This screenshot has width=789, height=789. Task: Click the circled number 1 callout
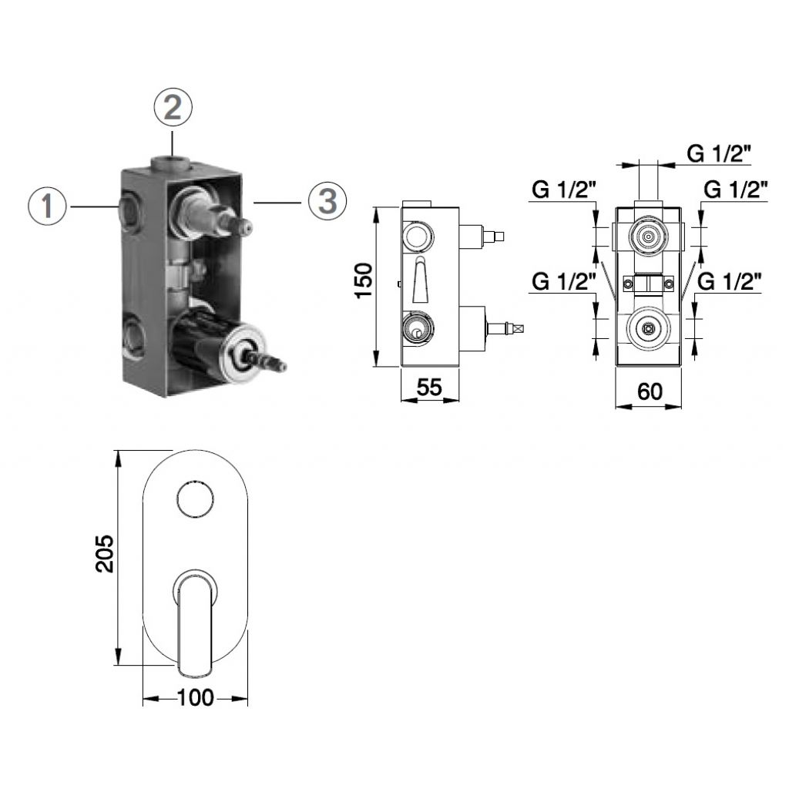[47, 206]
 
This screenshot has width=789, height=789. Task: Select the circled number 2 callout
[173, 107]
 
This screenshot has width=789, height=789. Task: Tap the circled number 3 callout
[327, 201]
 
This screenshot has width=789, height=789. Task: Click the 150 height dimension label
[364, 280]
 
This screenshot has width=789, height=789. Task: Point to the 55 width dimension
[429, 387]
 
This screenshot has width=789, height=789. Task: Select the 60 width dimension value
[650, 391]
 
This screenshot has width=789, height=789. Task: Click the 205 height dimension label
[105, 553]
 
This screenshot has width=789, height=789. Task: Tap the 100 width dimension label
[195, 698]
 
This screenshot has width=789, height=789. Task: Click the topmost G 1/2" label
[719, 153]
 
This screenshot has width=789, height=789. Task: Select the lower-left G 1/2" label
[564, 281]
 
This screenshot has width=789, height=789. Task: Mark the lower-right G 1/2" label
[729, 281]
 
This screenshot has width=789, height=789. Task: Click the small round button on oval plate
[195, 499]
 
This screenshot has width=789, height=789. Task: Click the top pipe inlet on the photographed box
[171, 162]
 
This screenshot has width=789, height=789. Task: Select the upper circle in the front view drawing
[649, 236]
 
